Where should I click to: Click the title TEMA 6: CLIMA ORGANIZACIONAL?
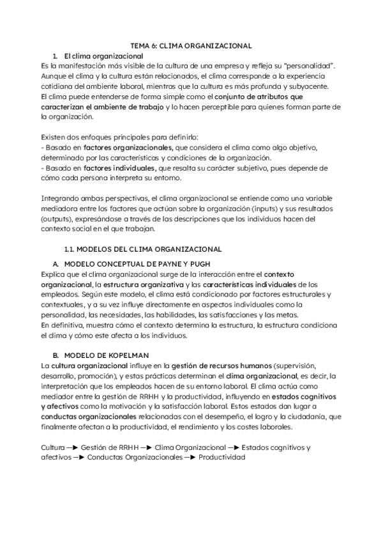[191, 46]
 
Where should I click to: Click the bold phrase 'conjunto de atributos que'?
[252, 97]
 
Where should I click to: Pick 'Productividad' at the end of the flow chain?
[222, 458]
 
